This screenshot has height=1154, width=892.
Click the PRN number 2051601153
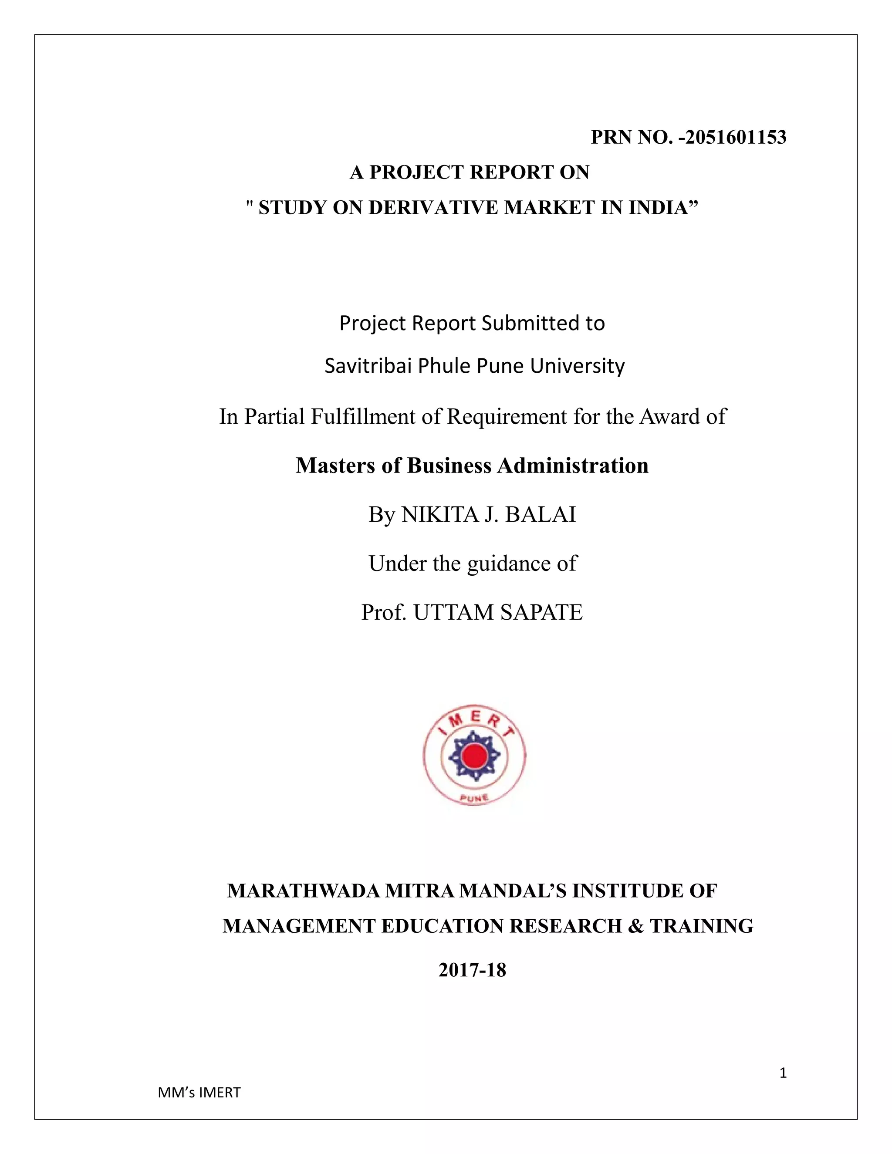click(x=736, y=137)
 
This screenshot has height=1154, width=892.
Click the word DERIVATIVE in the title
click(x=433, y=208)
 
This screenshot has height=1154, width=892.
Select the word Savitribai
click(x=368, y=366)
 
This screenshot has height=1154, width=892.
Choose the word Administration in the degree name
click(x=573, y=466)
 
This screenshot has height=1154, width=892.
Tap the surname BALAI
click(x=540, y=515)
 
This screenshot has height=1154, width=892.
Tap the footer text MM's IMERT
click(x=199, y=1093)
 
